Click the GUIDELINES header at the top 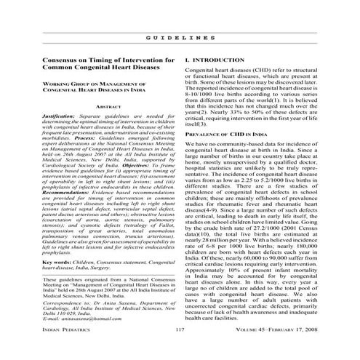click(x=180, y=36)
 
